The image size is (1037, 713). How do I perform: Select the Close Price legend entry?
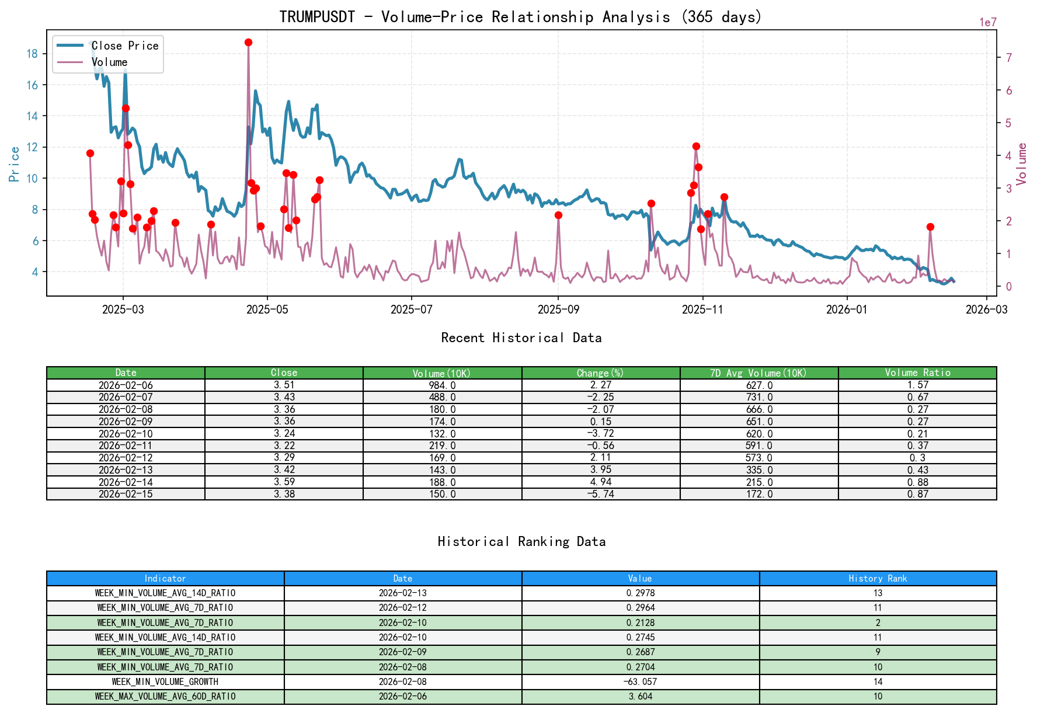[x=124, y=46]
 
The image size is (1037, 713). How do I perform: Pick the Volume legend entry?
[x=109, y=62]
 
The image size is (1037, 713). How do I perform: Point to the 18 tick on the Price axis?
[x=32, y=54]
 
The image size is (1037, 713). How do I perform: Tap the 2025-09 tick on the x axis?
[x=558, y=309]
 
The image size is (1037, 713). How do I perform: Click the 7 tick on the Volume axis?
[x=1008, y=58]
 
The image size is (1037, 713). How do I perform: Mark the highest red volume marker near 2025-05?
[x=248, y=43]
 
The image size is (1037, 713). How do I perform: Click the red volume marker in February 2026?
[x=930, y=227]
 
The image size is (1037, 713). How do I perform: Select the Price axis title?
[x=15, y=164]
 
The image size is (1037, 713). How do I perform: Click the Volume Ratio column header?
[x=917, y=373]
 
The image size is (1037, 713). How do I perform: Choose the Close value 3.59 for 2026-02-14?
[x=284, y=482]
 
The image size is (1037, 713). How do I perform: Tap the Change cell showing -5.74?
[x=601, y=494]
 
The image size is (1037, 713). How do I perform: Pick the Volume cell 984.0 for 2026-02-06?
[x=442, y=385]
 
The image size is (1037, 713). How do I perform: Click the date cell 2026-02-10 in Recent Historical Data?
[x=126, y=434]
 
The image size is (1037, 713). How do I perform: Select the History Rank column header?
[x=878, y=579]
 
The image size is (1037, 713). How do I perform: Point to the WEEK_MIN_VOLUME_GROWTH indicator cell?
[x=165, y=682]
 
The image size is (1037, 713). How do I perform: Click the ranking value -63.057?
[x=641, y=682]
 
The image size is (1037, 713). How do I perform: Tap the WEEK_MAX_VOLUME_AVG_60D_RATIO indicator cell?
[x=165, y=697]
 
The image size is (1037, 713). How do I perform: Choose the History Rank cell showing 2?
[x=878, y=623]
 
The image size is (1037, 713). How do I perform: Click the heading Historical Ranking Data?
[x=521, y=542]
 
